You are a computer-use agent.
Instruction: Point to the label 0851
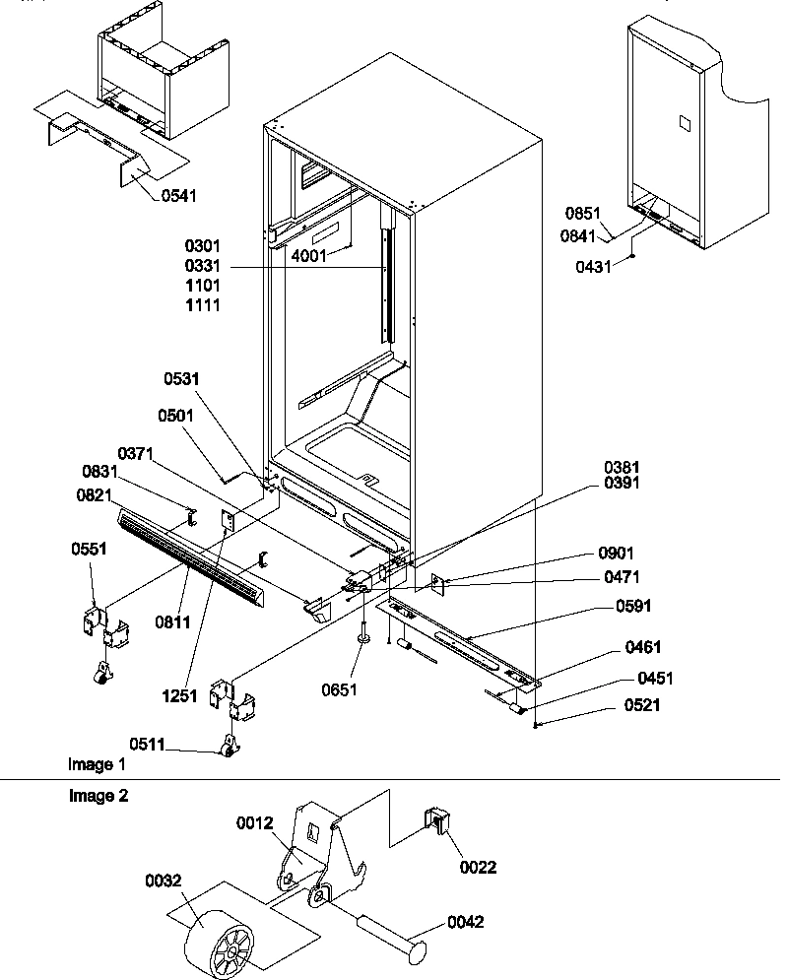pyautogui.click(x=583, y=212)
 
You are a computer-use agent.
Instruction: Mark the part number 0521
pyautogui.click(x=641, y=704)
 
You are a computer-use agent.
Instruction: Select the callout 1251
pyautogui.click(x=180, y=696)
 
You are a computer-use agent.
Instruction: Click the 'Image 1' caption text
pyautogui.click(x=97, y=764)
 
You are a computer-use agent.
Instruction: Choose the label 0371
pyautogui.click(x=138, y=452)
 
